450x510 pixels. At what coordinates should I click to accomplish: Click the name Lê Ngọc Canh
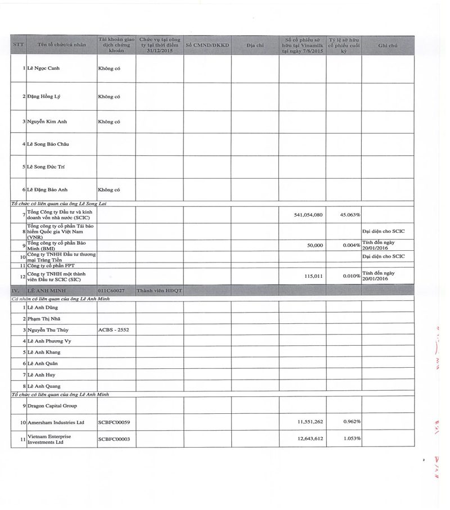[43, 69]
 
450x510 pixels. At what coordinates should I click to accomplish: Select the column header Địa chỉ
[255, 45]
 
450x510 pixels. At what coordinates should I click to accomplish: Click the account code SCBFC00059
[114, 422]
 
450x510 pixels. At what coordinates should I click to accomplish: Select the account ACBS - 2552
[114, 330]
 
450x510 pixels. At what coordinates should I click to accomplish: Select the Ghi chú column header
[388, 45]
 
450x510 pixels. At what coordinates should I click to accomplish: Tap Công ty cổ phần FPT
[51, 265]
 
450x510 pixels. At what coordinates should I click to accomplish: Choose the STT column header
[18, 45]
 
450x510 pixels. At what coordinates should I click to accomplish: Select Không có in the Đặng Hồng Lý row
[109, 97]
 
